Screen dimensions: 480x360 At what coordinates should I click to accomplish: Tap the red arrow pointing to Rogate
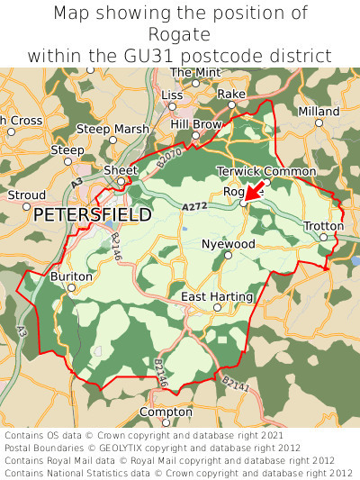(254, 189)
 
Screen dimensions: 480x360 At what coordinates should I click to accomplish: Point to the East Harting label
(217, 296)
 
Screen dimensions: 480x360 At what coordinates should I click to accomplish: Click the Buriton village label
(71, 276)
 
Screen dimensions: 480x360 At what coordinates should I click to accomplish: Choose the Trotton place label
(323, 225)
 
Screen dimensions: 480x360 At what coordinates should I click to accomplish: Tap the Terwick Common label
(266, 171)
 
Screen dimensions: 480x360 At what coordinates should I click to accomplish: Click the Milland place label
(319, 112)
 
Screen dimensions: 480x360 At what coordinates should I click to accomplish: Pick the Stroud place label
(26, 195)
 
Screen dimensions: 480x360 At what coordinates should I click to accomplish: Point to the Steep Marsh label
(112, 130)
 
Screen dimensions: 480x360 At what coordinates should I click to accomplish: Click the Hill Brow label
(196, 124)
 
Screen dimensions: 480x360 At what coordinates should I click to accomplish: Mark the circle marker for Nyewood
(228, 255)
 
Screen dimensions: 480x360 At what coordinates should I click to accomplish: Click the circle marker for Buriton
(71, 287)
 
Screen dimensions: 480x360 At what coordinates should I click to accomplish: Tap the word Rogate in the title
(180, 34)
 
